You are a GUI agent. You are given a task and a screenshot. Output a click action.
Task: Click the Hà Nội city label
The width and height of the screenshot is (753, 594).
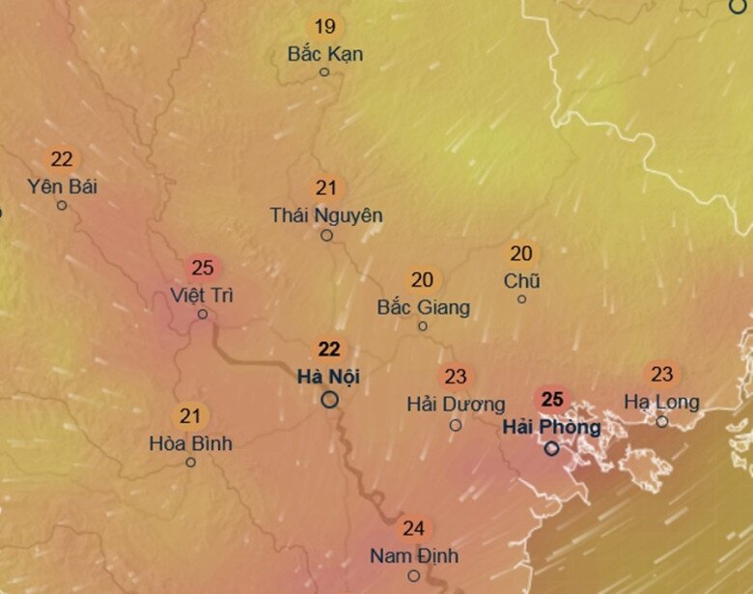coord(329,377)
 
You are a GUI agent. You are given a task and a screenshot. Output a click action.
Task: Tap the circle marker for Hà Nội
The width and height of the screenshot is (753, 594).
coord(330,399)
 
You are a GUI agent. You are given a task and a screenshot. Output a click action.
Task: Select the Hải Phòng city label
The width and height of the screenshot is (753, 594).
coord(551,426)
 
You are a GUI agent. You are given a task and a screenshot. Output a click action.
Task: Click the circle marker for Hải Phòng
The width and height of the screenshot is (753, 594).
coord(551,448)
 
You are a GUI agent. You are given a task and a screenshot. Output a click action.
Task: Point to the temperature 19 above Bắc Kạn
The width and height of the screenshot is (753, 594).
coord(325,26)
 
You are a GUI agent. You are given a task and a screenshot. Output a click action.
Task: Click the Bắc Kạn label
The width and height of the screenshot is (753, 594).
coord(325,54)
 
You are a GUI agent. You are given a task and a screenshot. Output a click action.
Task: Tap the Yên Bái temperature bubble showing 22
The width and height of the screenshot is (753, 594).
coord(62,159)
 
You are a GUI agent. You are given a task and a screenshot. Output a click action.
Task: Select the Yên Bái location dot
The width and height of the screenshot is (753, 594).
coord(62,205)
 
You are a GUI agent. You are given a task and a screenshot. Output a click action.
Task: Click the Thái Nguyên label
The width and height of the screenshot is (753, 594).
coord(326,215)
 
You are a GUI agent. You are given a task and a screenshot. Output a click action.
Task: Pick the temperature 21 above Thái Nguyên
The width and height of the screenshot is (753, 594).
coord(326,188)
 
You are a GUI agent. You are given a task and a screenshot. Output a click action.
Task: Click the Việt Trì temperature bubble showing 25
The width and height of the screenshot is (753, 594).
coord(203,268)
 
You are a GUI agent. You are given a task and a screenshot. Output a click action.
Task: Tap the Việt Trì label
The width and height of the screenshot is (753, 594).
coord(202,294)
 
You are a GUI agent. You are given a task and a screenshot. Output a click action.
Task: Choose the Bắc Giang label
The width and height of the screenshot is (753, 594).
coord(423,307)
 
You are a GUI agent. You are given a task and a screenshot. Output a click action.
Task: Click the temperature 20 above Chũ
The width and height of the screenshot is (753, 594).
coord(521,254)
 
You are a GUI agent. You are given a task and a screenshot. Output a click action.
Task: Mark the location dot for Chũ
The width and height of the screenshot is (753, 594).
coord(521,298)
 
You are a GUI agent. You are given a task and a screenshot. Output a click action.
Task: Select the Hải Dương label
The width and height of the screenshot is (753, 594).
coord(456,403)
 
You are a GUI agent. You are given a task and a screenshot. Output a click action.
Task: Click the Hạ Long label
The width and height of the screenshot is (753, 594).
coord(661,401)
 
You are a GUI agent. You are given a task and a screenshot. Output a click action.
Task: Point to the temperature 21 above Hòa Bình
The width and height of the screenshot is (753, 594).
coord(190,417)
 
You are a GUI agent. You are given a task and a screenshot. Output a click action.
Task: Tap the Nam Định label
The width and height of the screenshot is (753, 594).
coord(413,556)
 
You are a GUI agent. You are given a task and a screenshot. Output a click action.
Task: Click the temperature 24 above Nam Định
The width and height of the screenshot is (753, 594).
coord(413,528)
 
